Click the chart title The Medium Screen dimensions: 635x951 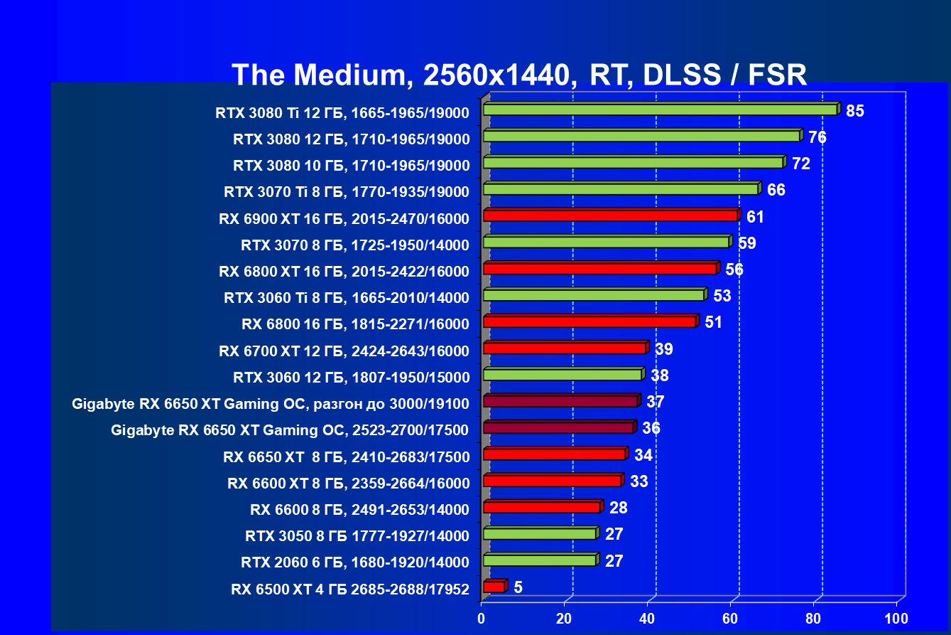pos(519,74)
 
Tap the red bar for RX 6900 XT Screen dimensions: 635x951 pos(610,215)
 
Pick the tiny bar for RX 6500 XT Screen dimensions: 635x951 pos(494,587)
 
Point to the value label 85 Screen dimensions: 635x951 pos(854,111)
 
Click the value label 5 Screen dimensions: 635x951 pos(518,587)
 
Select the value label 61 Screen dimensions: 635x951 pos(755,217)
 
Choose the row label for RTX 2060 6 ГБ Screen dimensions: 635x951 pos(355,562)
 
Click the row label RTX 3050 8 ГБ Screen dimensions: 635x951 pos(357,535)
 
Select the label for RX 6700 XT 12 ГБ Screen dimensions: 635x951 pos(344,351)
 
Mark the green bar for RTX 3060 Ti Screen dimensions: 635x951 pos(593,295)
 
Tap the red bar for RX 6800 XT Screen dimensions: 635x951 pos(599,269)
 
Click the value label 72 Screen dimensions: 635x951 pos(801,164)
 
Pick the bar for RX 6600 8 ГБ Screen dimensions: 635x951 pos(541,507)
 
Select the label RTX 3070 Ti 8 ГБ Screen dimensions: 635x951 pos(347,191)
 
